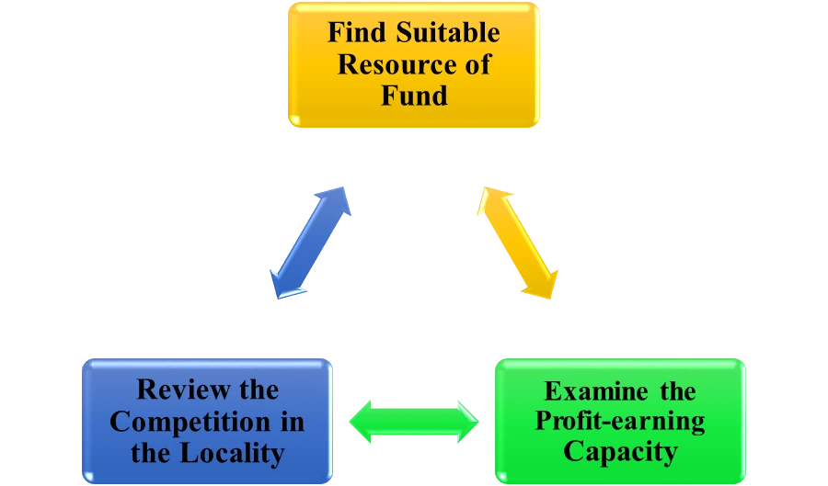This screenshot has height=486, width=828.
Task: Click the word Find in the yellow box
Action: point(357,34)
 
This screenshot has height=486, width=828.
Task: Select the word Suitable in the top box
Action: point(448,34)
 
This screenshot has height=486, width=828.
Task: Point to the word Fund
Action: point(414,95)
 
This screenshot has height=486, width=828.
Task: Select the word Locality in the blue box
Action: point(229,453)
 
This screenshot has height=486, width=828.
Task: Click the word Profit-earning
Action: point(620,422)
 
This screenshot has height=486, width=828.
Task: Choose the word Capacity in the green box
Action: point(620,452)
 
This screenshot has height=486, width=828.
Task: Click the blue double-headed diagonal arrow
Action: point(310,243)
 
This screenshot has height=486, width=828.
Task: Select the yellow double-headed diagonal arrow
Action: point(517,242)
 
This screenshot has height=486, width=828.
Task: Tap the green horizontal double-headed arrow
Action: point(414,422)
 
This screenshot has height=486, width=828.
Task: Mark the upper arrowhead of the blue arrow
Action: point(338,198)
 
